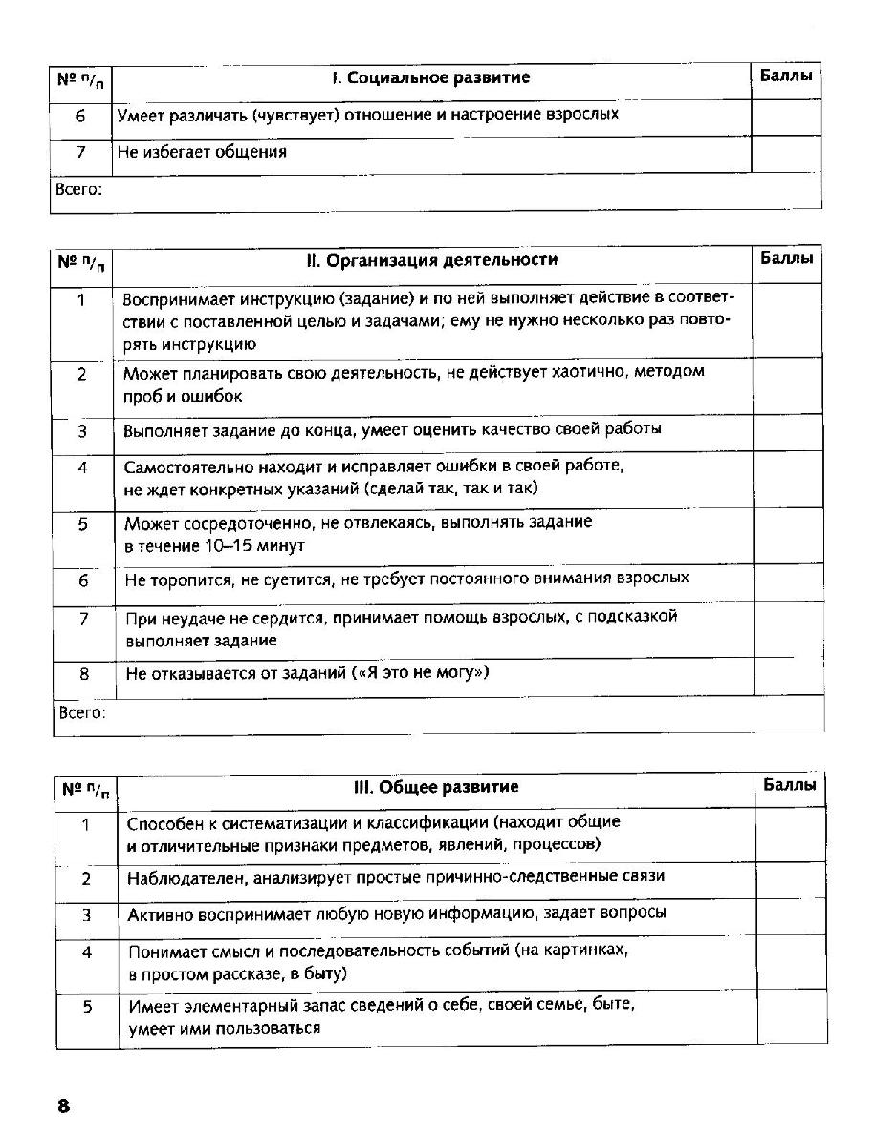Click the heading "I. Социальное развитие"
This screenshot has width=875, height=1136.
tap(430, 78)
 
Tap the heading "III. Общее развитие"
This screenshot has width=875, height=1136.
tap(436, 787)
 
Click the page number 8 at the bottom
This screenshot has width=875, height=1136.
tap(64, 1106)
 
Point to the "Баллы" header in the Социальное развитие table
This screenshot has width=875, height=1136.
tap(786, 76)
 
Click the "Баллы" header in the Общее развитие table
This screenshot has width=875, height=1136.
tap(790, 785)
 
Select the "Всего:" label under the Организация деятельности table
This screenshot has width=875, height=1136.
tap(82, 712)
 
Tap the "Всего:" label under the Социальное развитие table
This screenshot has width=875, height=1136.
tap(78, 189)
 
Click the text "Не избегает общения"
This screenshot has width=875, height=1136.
tap(202, 152)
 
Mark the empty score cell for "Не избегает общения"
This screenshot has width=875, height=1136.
tap(786, 153)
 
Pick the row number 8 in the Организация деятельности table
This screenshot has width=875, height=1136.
tap(84, 674)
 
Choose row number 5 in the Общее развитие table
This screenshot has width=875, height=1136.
tap(86, 1007)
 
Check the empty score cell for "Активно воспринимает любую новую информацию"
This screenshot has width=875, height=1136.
tap(791, 915)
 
